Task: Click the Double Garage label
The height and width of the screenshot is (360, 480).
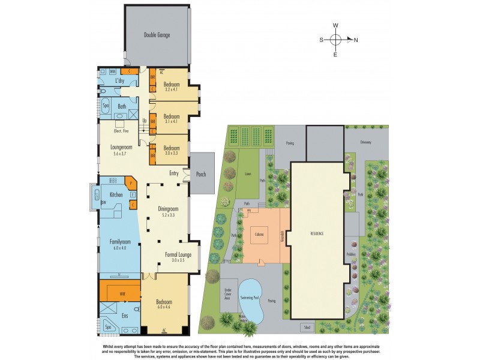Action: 157,35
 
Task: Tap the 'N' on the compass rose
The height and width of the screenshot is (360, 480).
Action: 356,40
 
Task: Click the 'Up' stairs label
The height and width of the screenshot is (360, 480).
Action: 144,121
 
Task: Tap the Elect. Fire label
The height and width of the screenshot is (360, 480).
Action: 122,131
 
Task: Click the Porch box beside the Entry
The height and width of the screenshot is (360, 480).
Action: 201,175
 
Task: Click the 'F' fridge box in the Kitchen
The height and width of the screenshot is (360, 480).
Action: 132,194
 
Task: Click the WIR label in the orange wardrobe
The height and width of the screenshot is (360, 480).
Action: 122,294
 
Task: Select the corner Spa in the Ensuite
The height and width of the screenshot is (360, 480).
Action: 109,326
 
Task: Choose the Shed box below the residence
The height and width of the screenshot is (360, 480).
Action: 307,328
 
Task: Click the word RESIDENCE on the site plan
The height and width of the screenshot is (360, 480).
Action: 318,232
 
